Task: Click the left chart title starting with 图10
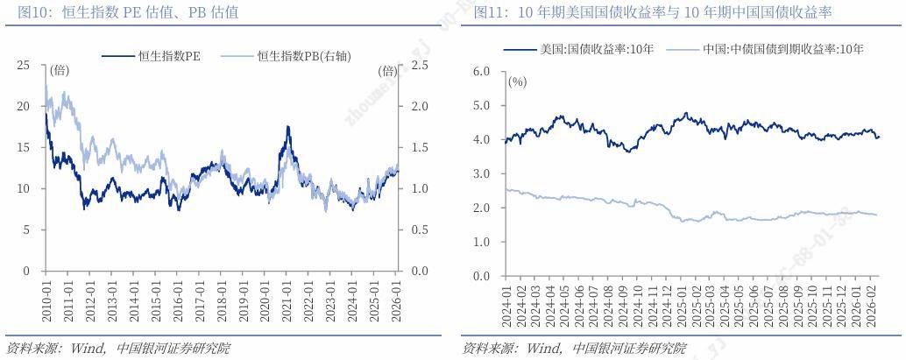[x=122, y=12]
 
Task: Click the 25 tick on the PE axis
[x=24, y=65]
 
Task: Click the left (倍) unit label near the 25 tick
[x=60, y=70]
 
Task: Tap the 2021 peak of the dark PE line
[x=287, y=127]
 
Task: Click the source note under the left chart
[x=118, y=348]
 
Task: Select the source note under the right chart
[x=574, y=348]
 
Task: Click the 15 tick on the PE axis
[x=24, y=147]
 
